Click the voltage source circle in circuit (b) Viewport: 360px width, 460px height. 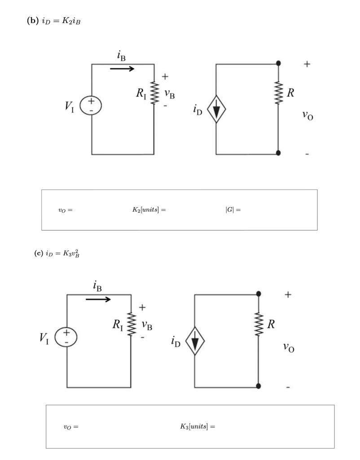91,105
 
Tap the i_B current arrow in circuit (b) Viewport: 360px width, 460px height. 122,69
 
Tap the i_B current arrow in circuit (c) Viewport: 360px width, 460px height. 98,299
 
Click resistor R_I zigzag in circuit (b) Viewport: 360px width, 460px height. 154,93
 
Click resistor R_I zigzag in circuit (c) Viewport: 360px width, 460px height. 131,324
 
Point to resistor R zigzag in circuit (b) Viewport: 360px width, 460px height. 278,93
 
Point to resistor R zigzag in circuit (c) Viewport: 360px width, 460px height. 259,324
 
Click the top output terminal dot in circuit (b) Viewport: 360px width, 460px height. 278,63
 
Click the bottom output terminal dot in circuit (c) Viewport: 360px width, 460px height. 259,386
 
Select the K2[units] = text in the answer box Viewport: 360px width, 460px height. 146,210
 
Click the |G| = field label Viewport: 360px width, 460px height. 233,210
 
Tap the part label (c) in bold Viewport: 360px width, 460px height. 38,253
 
